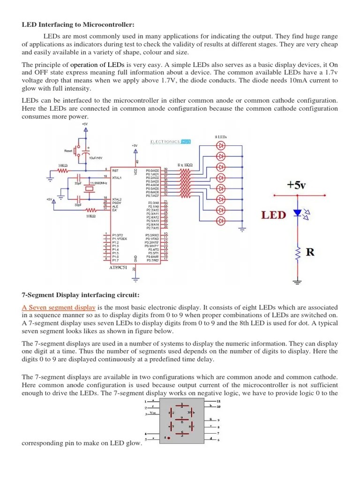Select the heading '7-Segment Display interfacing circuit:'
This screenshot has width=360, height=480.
click(81, 295)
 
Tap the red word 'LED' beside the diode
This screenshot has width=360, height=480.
click(273, 215)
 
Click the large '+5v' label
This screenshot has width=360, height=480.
click(297, 185)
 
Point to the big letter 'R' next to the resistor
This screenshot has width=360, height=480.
click(310, 253)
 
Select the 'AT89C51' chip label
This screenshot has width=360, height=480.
click(119, 268)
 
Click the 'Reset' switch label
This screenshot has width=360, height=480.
click(68, 150)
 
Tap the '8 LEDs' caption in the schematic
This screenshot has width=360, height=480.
click(221, 136)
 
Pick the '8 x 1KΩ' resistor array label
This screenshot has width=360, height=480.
click(186, 165)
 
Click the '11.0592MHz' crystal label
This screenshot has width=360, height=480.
click(98, 182)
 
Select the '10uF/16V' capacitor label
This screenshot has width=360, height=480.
click(96, 158)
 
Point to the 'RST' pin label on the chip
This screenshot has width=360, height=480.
click(115, 171)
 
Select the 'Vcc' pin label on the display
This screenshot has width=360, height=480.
click(153, 413)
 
